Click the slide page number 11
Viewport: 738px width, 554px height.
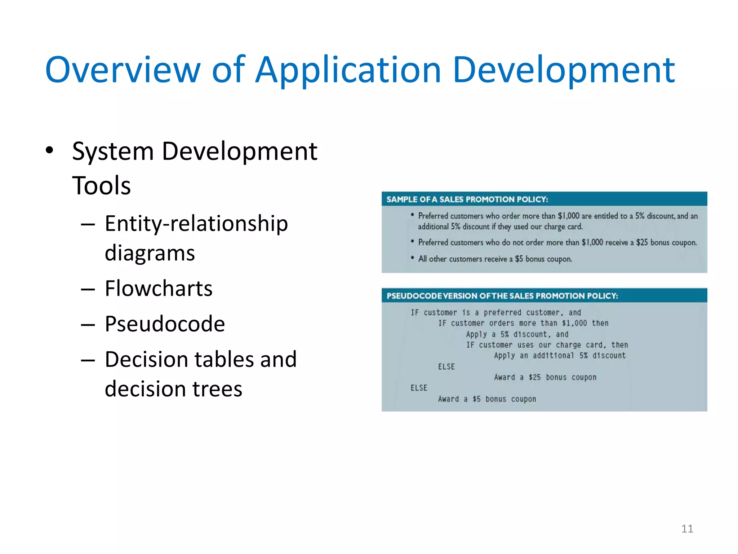tap(687, 529)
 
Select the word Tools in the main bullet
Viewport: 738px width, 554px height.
tap(101, 185)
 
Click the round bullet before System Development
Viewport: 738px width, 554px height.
tap(49, 150)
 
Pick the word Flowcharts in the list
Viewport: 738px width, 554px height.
tap(159, 288)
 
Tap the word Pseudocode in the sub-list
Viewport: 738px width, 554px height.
tap(165, 324)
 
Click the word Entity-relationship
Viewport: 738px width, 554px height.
tap(196, 223)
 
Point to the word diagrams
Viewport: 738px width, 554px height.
tap(150, 252)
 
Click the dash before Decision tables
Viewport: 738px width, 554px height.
tap(88, 360)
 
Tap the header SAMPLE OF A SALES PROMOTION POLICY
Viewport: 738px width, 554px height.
tap(467, 199)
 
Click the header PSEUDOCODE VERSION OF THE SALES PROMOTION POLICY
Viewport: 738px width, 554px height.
tap(502, 296)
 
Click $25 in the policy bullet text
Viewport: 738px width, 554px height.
tap(642, 242)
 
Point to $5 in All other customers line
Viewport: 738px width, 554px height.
tap(519, 259)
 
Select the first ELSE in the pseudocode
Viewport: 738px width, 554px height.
tap(446, 367)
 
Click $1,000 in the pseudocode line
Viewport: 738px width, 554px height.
tap(574, 323)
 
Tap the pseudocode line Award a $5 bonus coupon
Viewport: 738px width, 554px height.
tap(487, 399)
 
